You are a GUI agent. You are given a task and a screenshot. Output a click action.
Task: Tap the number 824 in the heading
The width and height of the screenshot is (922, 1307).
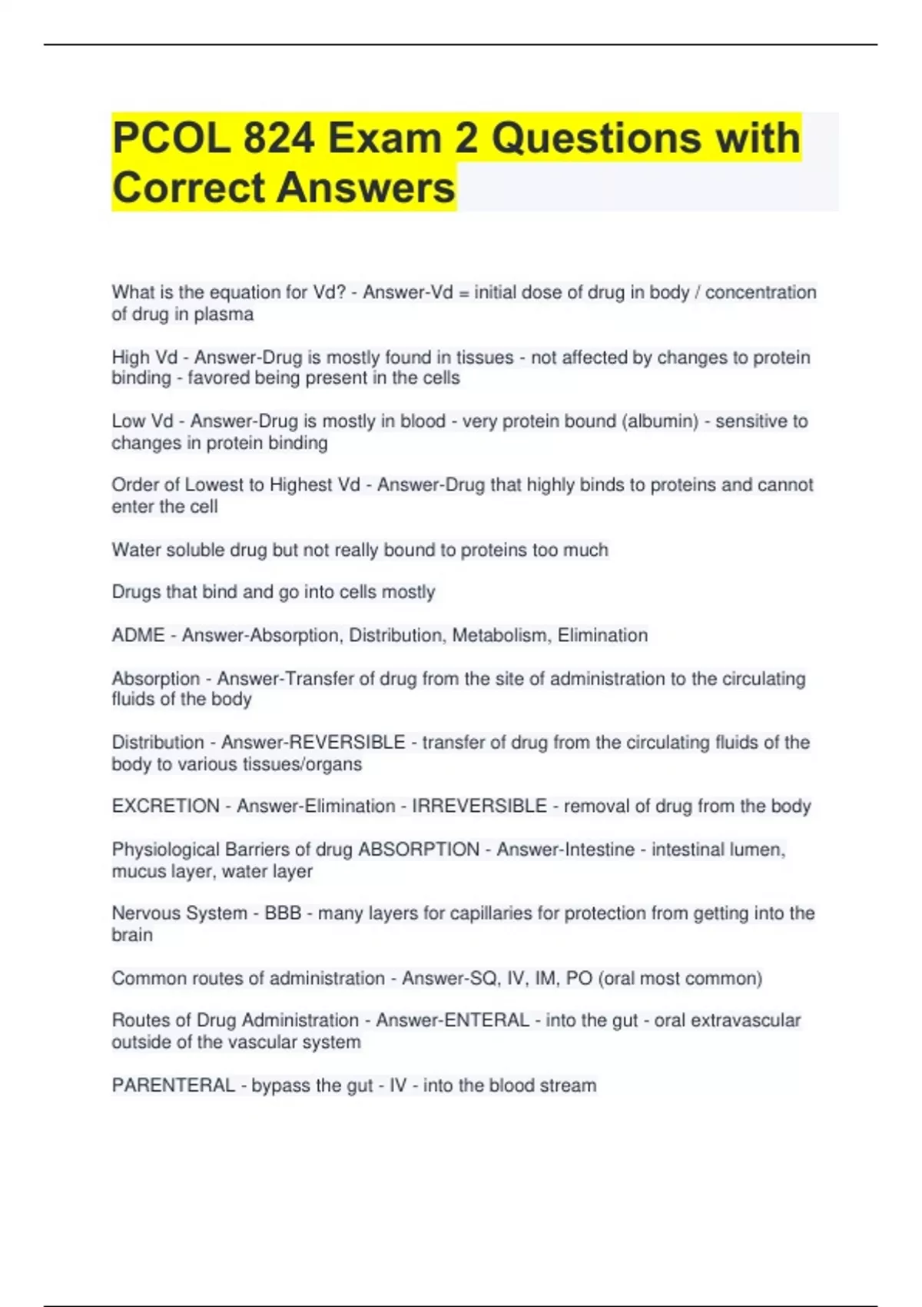point(279,138)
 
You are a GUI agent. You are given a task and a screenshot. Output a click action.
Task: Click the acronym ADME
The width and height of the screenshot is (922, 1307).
point(138,635)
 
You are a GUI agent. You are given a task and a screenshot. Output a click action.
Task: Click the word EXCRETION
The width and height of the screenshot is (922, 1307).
point(166,806)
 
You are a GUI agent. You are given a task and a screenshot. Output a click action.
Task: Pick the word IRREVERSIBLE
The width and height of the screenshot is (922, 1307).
point(479,806)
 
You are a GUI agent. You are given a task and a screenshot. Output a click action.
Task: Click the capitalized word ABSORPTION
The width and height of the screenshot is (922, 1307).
point(419,850)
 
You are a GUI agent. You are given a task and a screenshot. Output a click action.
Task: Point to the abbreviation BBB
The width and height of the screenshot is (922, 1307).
point(283,913)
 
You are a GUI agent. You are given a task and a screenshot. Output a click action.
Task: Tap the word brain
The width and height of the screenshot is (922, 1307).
point(132,935)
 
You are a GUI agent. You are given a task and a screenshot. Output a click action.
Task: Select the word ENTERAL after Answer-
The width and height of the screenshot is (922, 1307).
point(486,1020)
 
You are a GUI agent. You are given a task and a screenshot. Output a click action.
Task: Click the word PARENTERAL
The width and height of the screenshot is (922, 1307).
point(174,1086)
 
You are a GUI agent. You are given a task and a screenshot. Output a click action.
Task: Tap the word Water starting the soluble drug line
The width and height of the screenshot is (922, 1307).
point(136,550)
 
